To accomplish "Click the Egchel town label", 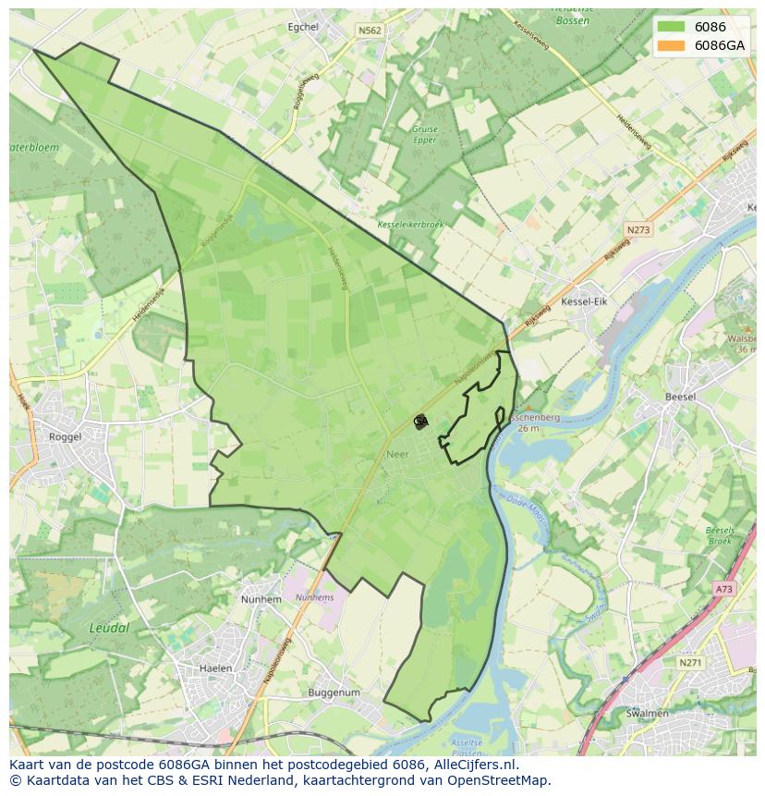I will pyautogui.click(x=303, y=27).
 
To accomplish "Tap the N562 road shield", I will pyautogui.click(x=370, y=31).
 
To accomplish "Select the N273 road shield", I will pyautogui.click(x=637, y=229).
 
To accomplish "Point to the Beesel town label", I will pyautogui.click(x=680, y=397).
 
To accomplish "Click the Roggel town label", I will pyautogui.click(x=65, y=436).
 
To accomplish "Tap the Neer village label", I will pyautogui.click(x=397, y=455).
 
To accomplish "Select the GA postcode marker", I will pyautogui.click(x=420, y=422).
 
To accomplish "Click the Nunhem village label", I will pyautogui.click(x=261, y=599).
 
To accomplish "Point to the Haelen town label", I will pyautogui.click(x=216, y=667).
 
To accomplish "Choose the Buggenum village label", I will pyautogui.click(x=334, y=692).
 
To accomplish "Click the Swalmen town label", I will pyautogui.click(x=647, y=714).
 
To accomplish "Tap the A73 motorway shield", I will pyautogui.click(x=723, y=589).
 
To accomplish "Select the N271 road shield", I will pyautogui.click(x=689, y=663).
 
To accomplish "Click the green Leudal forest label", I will pyautogui.click(x=109, y=628).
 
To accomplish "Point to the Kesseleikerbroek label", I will pyautogui.click(x=411, y=225).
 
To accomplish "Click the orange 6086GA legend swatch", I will pyautogui.click(x=672, y=45).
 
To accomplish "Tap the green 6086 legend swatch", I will pyautogui.click(x=672, y=27).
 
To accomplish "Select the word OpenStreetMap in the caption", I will pyautogui.click(x=499, y=780).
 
